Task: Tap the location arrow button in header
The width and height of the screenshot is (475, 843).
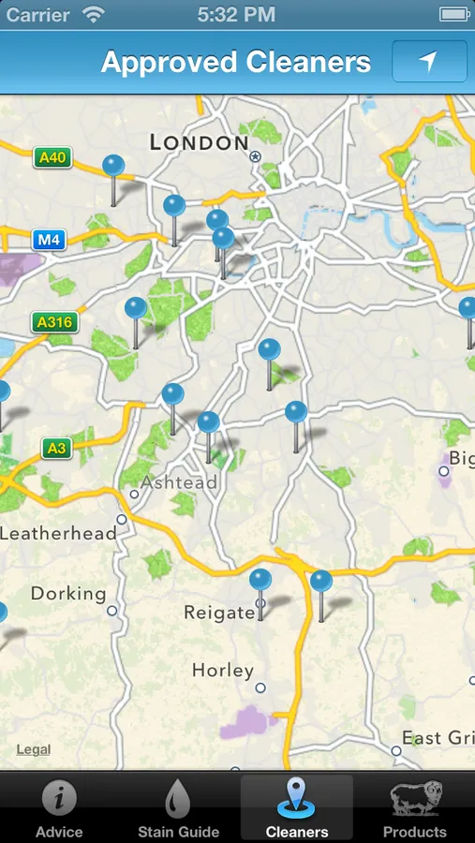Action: (428, 62)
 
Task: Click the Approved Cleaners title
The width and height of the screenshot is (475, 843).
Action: (236, 62)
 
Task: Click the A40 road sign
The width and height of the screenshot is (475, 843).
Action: (52, 157)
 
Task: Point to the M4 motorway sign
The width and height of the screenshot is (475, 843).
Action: (49, 240)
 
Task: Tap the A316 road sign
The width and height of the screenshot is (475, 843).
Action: (54, 322)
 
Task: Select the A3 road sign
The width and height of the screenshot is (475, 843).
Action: (57, 448)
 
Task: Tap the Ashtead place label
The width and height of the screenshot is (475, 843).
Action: (179, 483)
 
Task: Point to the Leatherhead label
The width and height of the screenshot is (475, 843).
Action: (59, 533)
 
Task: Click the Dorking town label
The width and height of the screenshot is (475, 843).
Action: (68, 593)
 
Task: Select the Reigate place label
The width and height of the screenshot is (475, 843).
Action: (219, 613)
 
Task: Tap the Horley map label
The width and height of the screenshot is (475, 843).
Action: (223, 671)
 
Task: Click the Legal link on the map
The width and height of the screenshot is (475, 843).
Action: (34, 749)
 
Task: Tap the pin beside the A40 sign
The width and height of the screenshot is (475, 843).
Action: (113, 167)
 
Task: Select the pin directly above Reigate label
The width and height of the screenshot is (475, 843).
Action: (260, 581)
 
